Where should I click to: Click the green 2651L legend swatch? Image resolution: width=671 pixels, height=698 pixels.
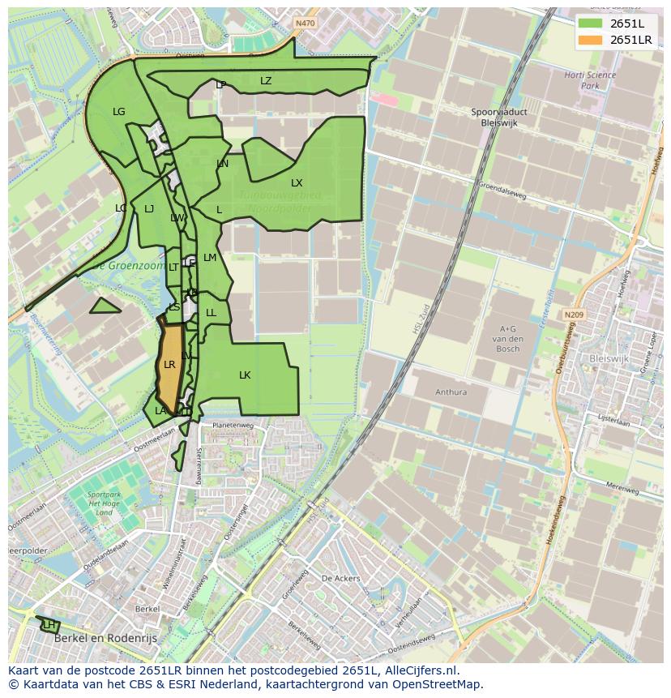591,24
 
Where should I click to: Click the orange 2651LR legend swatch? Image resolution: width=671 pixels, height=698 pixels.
591,40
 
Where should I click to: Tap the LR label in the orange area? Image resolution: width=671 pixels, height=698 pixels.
169,365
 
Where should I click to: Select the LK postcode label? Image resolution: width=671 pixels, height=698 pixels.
245,375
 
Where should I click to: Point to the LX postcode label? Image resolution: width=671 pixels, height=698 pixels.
297,183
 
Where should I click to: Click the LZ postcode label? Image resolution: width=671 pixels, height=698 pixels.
266,81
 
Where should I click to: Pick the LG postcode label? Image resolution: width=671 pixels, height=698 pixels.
119,112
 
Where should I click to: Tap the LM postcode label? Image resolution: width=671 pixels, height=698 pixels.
210,258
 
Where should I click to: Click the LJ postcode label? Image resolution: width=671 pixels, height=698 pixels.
149,209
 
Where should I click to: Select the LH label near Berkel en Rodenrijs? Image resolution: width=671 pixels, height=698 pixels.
49,625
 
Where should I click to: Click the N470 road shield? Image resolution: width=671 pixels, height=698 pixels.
305,24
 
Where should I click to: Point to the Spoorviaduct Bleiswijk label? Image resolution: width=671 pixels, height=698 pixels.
494,118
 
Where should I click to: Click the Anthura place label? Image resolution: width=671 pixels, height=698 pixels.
451,392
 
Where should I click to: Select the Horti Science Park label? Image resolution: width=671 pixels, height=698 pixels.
590,80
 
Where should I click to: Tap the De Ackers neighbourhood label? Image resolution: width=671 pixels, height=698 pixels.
340,579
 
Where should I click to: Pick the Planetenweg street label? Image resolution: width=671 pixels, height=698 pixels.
233,426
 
